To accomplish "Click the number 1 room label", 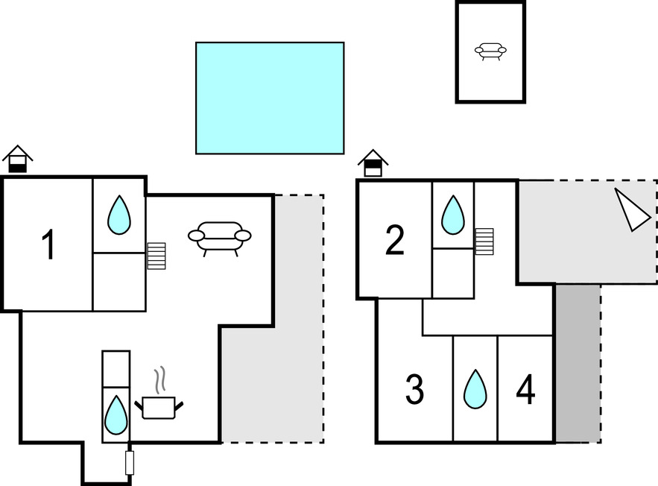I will [48, 246].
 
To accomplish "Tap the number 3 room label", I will [414, 390].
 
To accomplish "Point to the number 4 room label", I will [525, 390].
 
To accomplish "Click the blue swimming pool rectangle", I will [270, 98].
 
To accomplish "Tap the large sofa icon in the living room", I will [219, 238].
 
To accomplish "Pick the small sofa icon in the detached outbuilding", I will [490, 51].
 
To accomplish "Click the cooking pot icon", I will [159, 407].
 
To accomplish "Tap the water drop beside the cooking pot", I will [116, 415].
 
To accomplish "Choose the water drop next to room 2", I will [452, 215].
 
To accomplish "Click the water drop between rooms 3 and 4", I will [475, 389].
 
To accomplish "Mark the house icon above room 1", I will [17, 159].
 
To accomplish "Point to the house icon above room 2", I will [373, 163].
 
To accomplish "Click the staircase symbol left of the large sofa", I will [156, 256].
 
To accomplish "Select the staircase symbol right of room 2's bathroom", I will [484, 241].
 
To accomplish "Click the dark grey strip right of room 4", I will [578, 363].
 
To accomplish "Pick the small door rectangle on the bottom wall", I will [130, 462].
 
